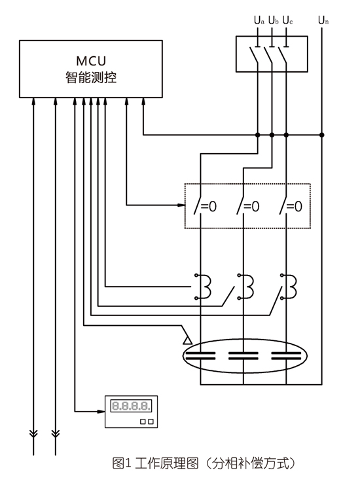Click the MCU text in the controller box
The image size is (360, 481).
91,61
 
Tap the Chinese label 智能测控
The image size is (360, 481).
91,77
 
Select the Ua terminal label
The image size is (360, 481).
259,20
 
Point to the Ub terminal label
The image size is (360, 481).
273,20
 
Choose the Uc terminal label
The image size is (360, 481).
287,20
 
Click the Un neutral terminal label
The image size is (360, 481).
323,20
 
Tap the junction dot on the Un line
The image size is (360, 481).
321,135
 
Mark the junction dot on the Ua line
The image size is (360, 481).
258,135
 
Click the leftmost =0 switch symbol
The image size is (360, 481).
205,206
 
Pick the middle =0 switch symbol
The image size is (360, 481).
248,206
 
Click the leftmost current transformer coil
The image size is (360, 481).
203,287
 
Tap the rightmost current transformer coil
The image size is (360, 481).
289,287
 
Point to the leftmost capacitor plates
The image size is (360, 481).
200,356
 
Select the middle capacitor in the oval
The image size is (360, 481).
243,356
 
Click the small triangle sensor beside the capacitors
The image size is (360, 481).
187,340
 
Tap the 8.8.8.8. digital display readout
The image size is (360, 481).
131,406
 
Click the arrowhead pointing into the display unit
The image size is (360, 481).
101,412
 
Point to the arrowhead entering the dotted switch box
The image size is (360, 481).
181,205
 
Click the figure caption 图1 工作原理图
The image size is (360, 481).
155,463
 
